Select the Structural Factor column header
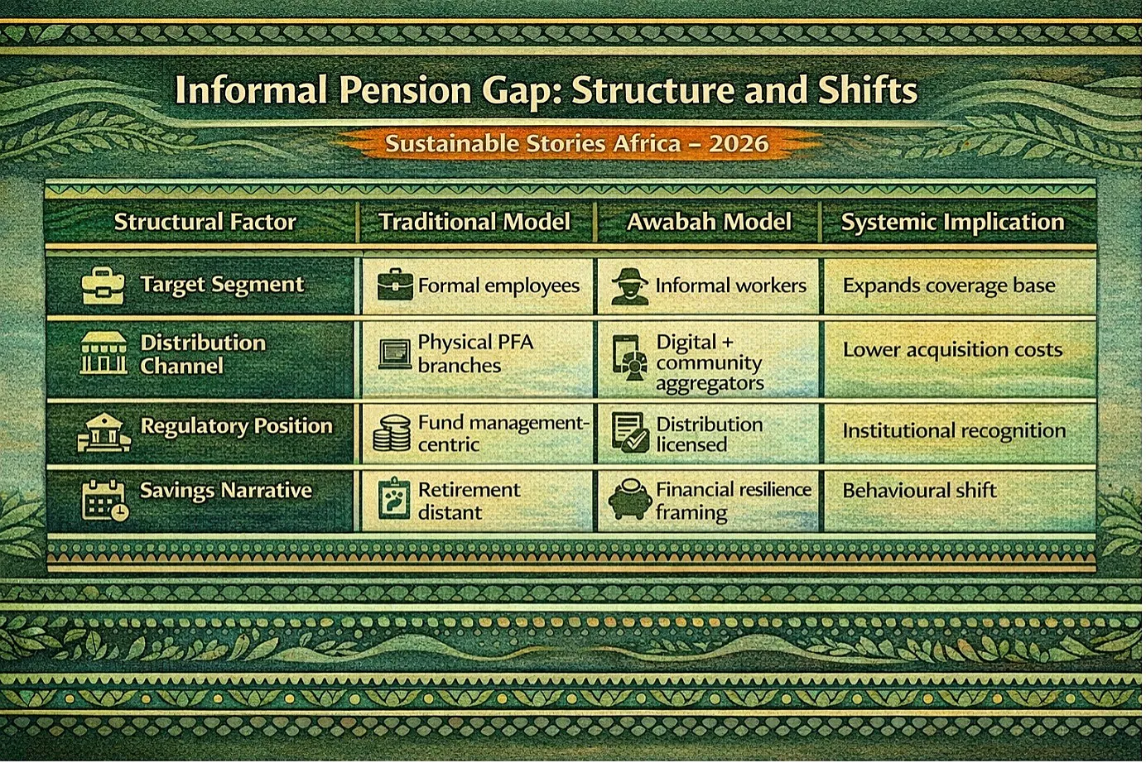[x=205, y=222]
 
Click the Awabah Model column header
[x=709, y=222]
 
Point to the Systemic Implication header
[x=952, y=223]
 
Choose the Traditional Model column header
[x=474, y=222]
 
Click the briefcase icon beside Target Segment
[x=104, y=286]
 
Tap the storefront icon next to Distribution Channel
[x=104, y=353]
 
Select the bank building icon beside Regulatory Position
[x=104, y=433]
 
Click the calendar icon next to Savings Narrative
[x=105, y=500]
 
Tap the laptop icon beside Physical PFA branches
[x=395, y=354]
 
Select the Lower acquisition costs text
[x=952, y=350]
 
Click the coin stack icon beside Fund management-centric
[x=392, y=433]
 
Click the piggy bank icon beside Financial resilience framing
[x=630, y=499]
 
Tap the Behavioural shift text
[x=920, y=491]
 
